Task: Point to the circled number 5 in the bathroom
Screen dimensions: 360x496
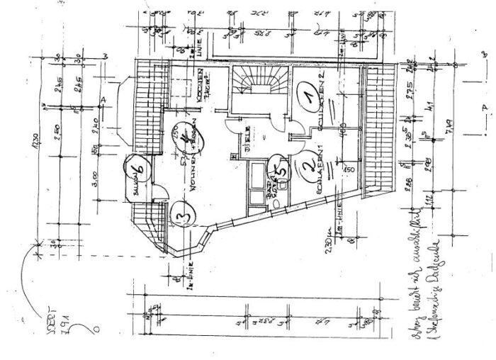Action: coord(281,169)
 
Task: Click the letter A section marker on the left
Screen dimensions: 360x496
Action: coord(104,100)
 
